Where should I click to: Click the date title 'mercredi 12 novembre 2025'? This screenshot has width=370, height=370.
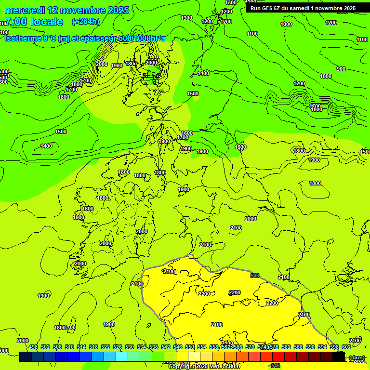(x=66, y=10)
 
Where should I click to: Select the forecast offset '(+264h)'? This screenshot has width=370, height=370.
(x=86, y=22)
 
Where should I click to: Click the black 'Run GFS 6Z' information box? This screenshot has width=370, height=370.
(x=303, y=8)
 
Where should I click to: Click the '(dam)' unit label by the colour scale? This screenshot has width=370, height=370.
(x=357, y=357)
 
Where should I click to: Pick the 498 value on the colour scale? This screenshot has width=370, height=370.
(x=33, y=347)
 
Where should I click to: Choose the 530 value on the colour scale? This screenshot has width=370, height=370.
(x=130, y=347)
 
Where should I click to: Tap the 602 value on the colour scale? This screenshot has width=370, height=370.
(x=346, y=347)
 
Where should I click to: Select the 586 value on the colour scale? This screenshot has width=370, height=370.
(x=298, y=347)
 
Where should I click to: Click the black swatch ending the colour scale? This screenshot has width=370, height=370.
(x=339, y=357)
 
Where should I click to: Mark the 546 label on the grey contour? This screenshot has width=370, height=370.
(x=255, y=276)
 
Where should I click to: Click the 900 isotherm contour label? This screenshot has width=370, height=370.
(x=341, y=69)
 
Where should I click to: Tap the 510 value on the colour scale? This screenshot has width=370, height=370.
(x=69, y=347)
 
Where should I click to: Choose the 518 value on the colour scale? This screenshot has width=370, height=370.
(x=93, y=347)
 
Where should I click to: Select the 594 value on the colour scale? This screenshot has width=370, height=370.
(x=322, y=347)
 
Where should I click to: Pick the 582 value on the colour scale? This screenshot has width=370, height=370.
(x=286, y=347)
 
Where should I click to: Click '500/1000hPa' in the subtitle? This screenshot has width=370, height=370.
(x=137, y=38)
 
